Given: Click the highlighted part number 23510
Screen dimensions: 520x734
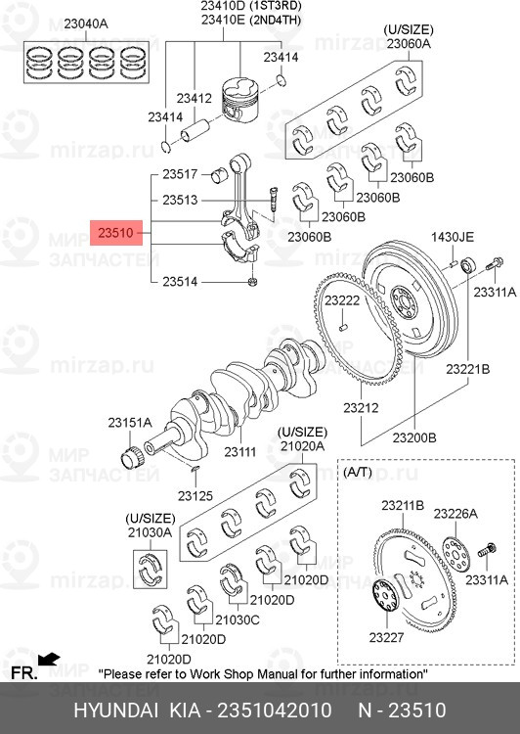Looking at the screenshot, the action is click(x=116, y=233).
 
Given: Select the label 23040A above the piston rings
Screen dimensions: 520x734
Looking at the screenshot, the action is click(x=86, y=23).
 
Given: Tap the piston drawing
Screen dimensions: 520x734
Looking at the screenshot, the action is click(x=240, y=100).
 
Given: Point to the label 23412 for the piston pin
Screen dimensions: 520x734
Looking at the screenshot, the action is click(x=195, y=99).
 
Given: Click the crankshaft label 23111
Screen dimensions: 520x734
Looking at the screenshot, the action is click(x=240, y=452).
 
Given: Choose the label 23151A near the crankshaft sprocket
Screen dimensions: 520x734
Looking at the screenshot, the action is click(x=130, y=423).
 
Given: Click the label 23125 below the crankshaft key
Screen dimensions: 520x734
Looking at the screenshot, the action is click(x=195, y=495).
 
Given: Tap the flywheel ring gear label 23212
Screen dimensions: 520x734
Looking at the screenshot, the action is click(x=361, y=408).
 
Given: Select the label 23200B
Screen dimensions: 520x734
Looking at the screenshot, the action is click(x=414, y=437).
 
